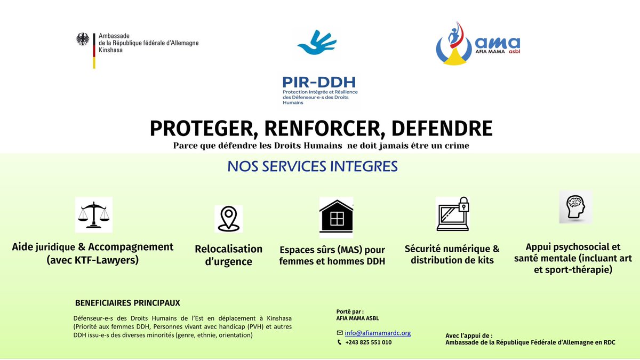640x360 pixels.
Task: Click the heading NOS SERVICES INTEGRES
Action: tap(313, 166)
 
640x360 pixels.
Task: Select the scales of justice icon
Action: tap(93, 214)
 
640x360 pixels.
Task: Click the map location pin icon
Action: tap(228, 219)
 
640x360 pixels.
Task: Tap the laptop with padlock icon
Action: tap(452, 214)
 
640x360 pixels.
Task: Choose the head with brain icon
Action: tap(576, 206)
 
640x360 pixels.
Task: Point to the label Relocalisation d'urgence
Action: tap(229, 255)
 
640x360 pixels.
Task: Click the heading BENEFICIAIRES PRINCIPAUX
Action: tap(127, 303)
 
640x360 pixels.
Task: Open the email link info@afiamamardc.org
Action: tap(378, 333)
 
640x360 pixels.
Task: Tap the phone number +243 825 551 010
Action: tap(368, 342)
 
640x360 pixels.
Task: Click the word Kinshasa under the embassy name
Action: tap(110, 50)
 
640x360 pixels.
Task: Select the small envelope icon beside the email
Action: tap(340, 333)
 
